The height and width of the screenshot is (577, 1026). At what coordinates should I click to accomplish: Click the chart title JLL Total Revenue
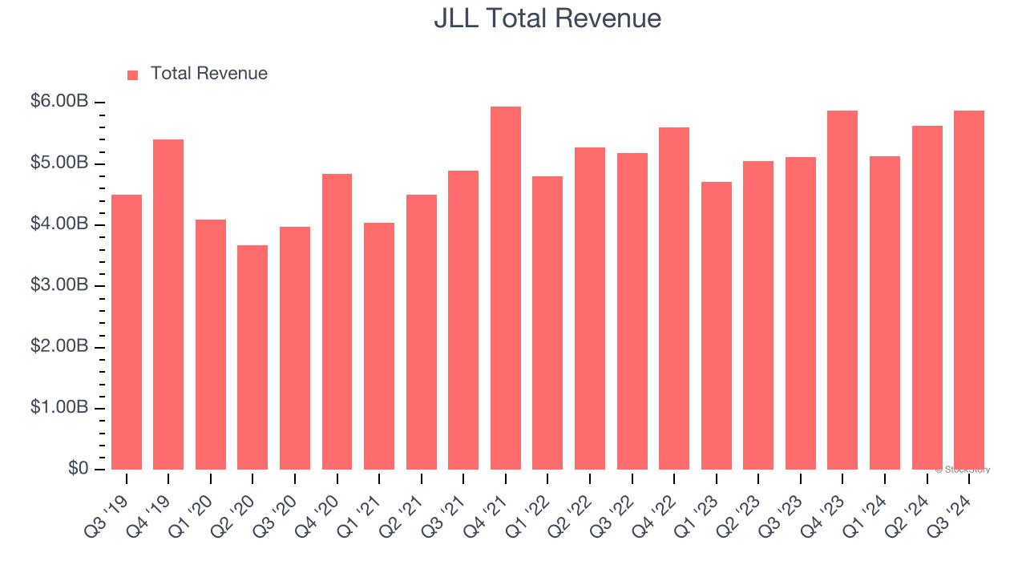[x=547, y=18]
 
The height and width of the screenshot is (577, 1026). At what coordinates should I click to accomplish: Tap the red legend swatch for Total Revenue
[x=133, y=75]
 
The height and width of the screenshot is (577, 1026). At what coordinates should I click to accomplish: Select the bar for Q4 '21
[x=506, y=288]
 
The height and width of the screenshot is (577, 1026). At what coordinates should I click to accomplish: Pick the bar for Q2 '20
[x=252, y=357]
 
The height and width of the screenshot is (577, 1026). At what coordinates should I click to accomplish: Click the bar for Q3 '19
[x=127, y=332]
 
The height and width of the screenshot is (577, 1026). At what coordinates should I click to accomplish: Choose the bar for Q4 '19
[x=168, y=305]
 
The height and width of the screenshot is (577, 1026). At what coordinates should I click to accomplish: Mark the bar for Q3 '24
[x=969, y=290]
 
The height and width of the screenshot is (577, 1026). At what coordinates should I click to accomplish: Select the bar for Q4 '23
[x=842, y=290]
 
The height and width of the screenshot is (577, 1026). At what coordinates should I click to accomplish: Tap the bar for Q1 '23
[x=716, y=325]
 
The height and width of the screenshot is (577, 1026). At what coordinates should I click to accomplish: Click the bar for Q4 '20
[x=337, y=321]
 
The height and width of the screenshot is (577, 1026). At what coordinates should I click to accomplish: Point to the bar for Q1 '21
[x=379, y=346]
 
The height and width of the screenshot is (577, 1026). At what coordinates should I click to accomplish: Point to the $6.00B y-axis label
[x=59, y=102]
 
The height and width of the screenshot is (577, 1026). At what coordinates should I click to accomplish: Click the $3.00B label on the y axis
[x=59, y=285]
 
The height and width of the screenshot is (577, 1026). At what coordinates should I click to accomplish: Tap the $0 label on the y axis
[x=78, y=468]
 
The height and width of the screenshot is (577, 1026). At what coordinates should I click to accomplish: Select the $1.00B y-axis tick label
[x=59, y=407]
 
